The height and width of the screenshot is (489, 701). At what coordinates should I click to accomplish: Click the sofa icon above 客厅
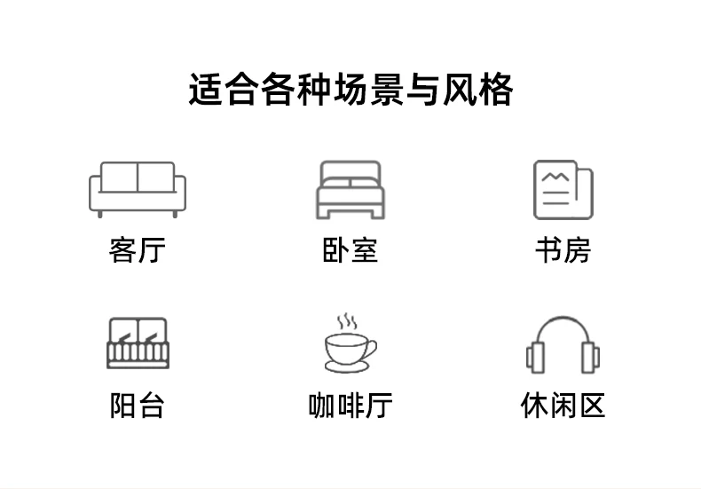138,189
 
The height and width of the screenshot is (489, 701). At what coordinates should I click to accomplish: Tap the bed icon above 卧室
350,190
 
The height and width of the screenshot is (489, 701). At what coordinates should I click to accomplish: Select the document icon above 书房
563,189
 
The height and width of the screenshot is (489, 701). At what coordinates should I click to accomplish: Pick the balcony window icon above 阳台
138,343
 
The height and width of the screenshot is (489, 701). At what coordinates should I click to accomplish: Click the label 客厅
138,250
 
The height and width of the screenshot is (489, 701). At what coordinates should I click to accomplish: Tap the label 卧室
350,250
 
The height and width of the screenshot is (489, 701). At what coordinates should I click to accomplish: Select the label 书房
563,250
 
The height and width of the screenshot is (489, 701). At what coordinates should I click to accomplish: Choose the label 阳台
138,406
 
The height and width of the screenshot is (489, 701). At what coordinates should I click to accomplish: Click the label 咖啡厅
350,406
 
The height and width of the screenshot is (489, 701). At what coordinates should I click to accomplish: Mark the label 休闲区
563,406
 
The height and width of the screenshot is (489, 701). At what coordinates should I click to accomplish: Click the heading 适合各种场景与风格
350,91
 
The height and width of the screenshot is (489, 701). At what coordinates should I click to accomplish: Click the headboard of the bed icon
350,170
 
